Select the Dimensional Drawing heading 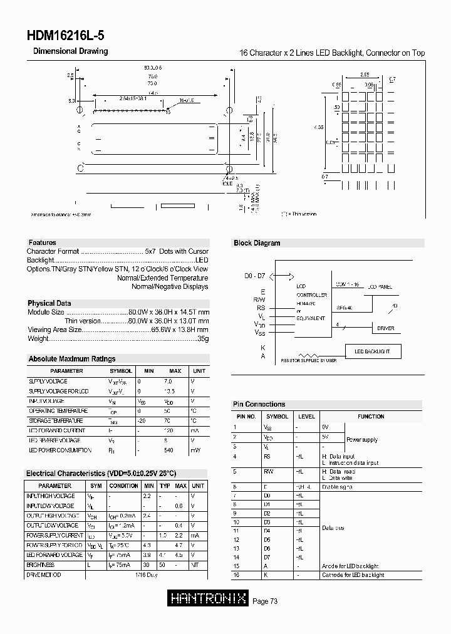point(70,51)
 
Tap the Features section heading point(42,242)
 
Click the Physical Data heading point(49,303)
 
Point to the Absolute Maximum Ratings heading point(72,359)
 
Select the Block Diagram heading point(257,243)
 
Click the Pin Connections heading point(259,404)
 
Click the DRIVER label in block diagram point(385,328)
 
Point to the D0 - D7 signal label point(256,276)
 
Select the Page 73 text point(265,601)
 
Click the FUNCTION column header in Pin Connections point(371,417)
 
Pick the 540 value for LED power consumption point(168,450)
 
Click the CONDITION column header point(123,486)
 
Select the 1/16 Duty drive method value point(147,574)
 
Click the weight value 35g point(202,338)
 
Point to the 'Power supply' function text point(362,440)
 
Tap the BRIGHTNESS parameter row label point(40,565)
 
